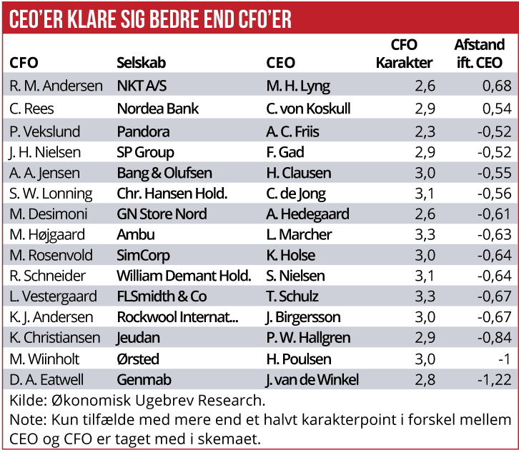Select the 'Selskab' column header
(x=142, y=63)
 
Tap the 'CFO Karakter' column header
(x=404, y=54)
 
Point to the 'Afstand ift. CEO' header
(x=478, y=54)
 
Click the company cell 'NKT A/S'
(x=142, y=86)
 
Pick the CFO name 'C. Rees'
(x=32, y=109)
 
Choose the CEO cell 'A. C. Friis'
(x=292, y=131)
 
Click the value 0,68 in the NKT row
(x=497, y=86)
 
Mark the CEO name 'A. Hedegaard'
(x=307, y=214)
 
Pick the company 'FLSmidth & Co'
(x=162, y=296)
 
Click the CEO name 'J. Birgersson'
(x=303, y=317)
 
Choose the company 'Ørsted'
(x=138, y=359)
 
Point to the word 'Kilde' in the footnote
(x=27, y=400)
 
